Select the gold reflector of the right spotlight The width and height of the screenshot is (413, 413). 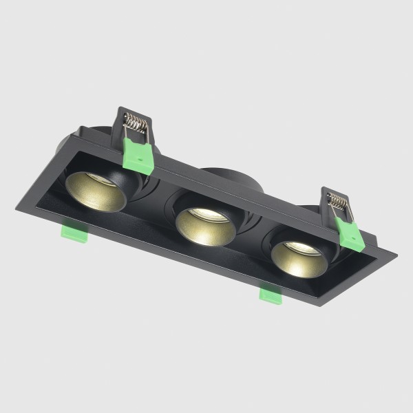coord(296,259)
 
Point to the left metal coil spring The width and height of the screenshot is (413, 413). coord(136,125)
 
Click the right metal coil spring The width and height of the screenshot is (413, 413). coord(338,201)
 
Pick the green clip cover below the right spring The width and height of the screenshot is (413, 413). coord(350,236)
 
